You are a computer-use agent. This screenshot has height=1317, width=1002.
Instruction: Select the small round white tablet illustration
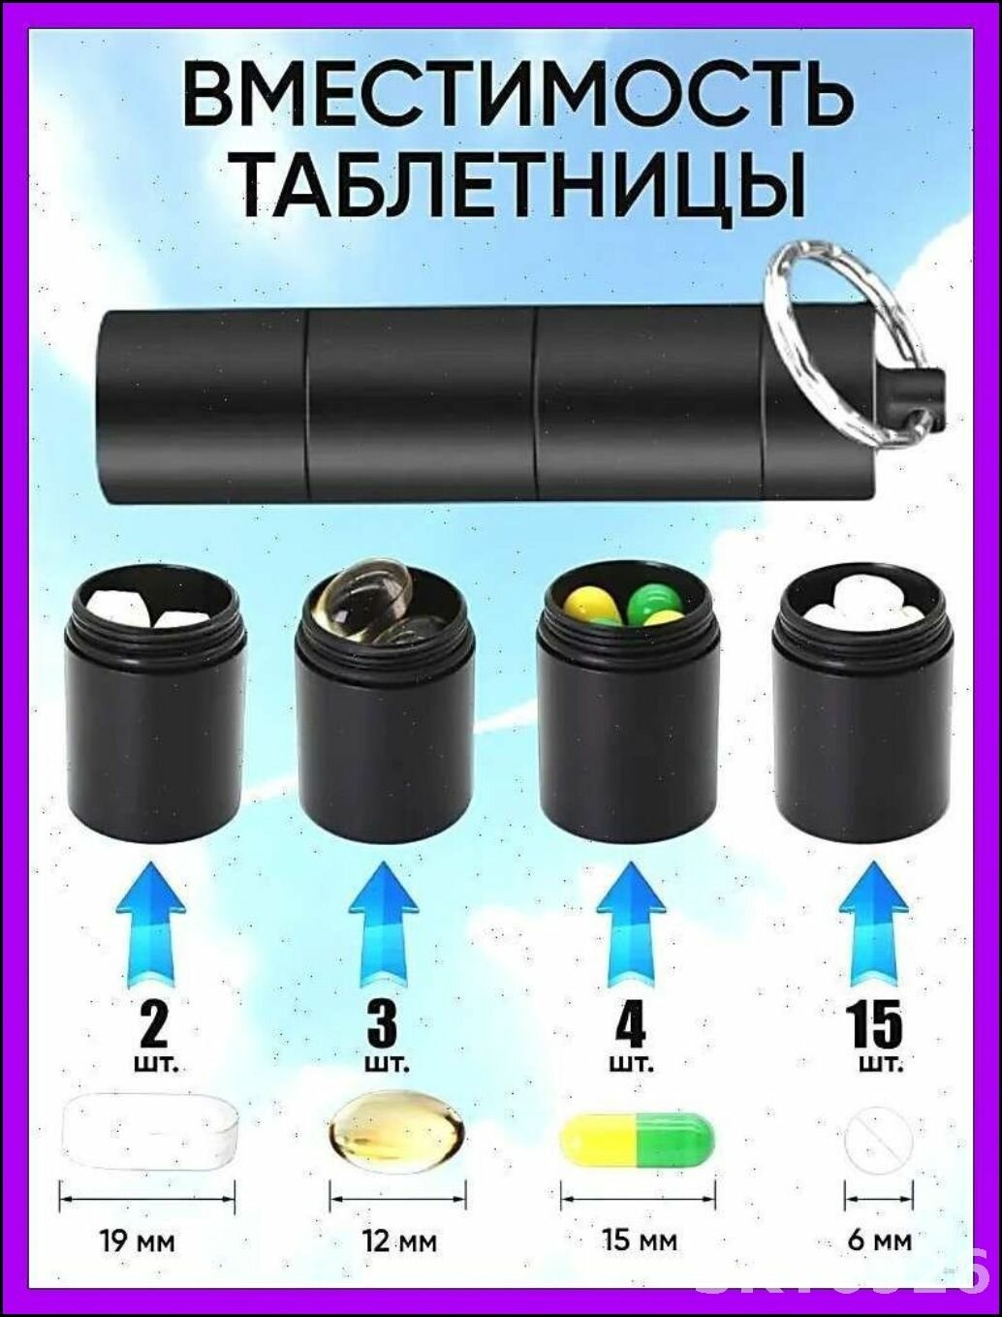point(877,1133)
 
